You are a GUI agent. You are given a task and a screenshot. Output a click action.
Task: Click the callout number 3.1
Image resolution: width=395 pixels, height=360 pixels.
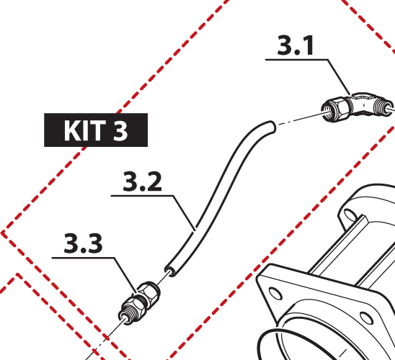tap(296, 45)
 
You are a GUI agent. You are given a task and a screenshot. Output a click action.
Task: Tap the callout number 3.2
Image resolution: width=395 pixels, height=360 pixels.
tap(142, 181)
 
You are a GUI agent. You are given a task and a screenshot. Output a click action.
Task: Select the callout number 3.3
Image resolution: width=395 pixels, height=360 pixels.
tap(83, 243)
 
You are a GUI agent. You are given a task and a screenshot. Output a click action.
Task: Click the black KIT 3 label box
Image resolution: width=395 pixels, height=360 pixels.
tap(96, 130)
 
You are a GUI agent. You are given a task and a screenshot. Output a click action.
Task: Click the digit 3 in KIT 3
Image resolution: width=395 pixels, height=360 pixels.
tap(120, 130)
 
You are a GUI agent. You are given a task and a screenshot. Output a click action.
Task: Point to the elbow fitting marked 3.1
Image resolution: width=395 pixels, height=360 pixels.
tap(357, 107)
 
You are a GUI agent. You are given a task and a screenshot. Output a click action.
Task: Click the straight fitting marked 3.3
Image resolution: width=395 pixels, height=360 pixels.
tap(139, 303)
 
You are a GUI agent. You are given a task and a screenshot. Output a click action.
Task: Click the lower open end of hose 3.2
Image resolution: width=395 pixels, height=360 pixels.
tap(170, 271)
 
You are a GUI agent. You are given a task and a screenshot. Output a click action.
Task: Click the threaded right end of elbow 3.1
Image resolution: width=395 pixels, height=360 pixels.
tap(383, 107)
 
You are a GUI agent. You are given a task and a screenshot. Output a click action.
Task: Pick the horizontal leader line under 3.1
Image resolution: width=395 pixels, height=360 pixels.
tap(296, 60)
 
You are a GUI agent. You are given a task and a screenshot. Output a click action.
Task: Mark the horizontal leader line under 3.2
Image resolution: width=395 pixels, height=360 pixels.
tap(142, 195)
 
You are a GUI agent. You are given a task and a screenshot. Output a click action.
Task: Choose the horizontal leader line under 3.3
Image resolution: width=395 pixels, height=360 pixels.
tap(83, 258)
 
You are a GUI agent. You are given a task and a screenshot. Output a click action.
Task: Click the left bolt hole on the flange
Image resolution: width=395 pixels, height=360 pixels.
tap(275, 293)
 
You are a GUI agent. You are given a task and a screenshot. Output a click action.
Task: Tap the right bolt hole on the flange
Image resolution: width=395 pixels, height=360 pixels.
tap(367, 318)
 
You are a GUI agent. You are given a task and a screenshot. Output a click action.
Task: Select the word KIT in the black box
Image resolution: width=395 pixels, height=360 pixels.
tap(85, 130)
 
